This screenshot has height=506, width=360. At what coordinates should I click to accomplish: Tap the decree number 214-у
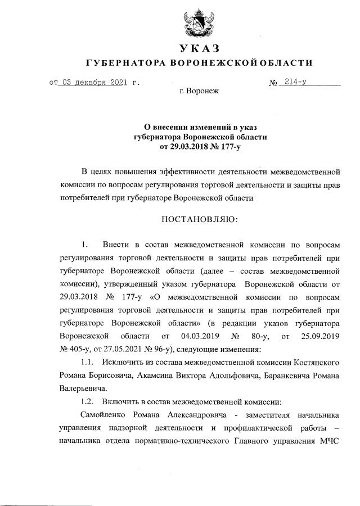pos(295,82)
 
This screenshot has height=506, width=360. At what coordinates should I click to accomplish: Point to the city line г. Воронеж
pos(199,91)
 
